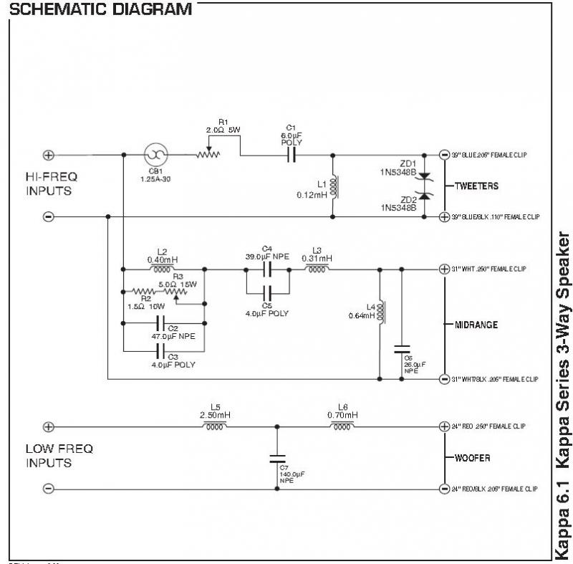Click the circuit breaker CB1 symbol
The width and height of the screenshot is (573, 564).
(155, 155)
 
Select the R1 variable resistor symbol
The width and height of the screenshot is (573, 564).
(209, 153)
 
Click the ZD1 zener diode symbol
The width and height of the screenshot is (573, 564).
(423, 175)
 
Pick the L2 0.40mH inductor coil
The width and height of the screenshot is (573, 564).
(163, 269)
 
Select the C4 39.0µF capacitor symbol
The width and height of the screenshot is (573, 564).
(266, 269)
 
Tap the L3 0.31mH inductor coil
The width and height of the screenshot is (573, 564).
(317, 269)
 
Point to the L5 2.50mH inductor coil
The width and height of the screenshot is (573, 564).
(215, 426)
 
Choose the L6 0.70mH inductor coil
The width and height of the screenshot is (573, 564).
(342, 426)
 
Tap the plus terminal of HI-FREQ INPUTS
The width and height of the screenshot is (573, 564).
(49, 155)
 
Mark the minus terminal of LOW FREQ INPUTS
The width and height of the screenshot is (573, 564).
(49, 489)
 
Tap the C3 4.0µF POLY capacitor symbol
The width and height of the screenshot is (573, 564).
(163, 352)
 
